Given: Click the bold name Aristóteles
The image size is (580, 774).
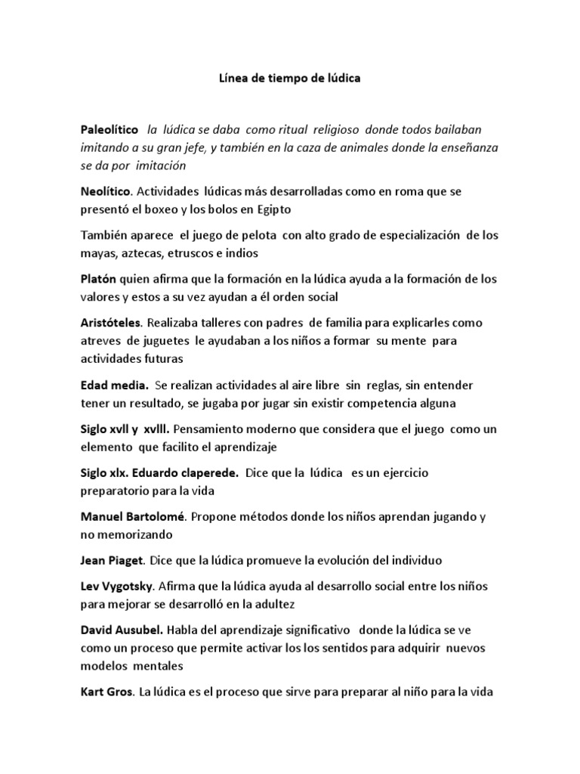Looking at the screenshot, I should (x=112, y=323).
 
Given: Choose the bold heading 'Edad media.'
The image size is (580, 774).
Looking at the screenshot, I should (x=114, y=385).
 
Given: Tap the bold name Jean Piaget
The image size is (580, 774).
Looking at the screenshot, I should (x=112, y=561).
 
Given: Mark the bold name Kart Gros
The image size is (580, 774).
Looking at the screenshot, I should (x=105, y=692).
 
